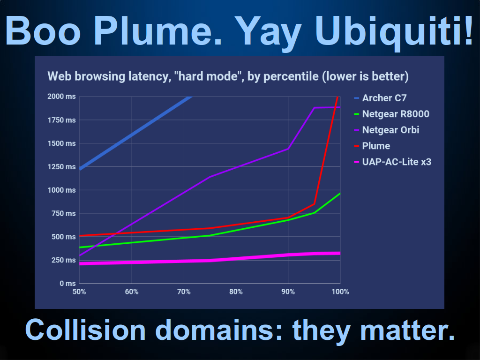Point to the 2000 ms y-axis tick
click(61, 97)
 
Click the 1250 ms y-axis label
click(61, 167)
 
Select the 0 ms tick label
click(67, 284)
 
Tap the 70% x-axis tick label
click(184, 292)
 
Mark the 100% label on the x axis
click(340, 292)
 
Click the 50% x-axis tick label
click(79, 292)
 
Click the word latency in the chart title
click(147, 76)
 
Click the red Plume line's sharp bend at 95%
click(314, 204)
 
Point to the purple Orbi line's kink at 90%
click(288, 149)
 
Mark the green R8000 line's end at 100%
click(340, 194)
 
